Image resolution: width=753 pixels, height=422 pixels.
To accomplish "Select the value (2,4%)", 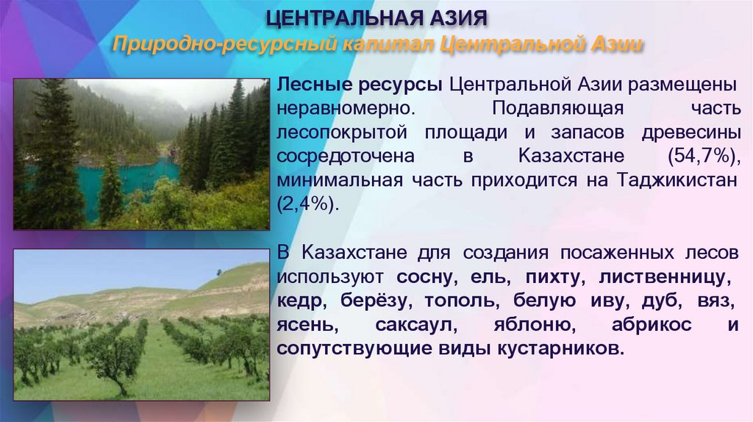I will [x=308, y=204].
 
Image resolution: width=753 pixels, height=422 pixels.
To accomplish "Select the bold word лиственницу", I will [x=665, y=277].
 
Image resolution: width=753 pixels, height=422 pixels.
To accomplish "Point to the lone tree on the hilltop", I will [x=218, y=273].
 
